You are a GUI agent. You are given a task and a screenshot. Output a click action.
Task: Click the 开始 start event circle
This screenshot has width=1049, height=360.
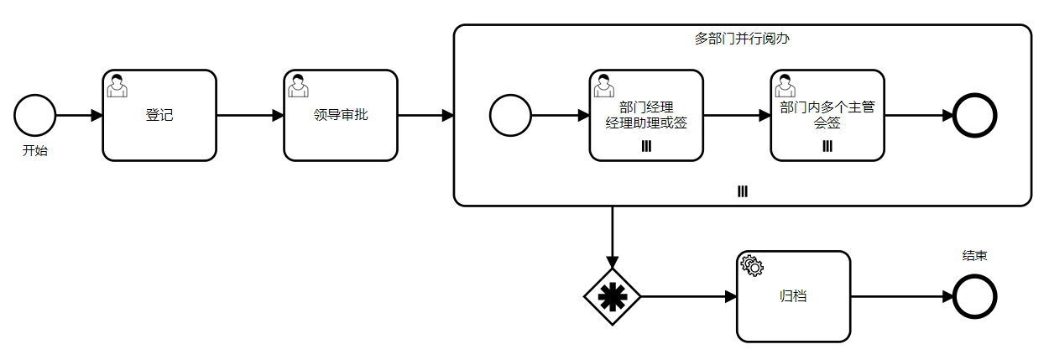point(35,115)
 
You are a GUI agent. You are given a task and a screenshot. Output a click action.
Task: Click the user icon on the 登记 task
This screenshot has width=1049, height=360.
point(117,85)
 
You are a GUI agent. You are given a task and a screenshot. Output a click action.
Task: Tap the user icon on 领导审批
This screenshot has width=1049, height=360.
point(298,85)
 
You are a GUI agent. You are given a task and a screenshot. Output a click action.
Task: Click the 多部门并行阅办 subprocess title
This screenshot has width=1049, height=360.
point(742,39)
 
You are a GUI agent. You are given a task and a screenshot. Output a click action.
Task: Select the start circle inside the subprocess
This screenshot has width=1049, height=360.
point(510,115)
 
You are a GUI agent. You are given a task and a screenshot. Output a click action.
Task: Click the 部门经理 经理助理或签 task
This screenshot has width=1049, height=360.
point(646,115)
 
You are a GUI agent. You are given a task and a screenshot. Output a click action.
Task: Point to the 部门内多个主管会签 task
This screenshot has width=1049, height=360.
point(827,115)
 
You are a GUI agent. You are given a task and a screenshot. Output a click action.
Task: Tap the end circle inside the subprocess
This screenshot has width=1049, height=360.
point(975,115)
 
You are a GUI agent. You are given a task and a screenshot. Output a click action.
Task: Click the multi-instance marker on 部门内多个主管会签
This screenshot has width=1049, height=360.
point(827,147)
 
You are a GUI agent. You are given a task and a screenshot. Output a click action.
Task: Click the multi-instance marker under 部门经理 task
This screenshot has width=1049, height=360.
point(646,147)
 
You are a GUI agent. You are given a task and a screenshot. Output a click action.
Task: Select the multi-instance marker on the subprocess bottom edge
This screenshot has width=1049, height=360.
point(743,192)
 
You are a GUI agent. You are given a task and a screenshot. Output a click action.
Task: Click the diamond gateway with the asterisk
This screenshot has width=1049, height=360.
point(613,296)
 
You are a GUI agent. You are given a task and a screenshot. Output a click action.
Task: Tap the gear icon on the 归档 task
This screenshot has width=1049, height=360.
point(752,266)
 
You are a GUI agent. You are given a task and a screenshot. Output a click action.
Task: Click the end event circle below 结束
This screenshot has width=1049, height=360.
point(975,296)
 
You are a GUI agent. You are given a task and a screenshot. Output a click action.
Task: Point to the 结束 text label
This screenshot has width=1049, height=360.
point(974,255)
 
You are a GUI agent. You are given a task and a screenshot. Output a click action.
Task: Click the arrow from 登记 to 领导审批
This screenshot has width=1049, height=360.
point(250,115)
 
